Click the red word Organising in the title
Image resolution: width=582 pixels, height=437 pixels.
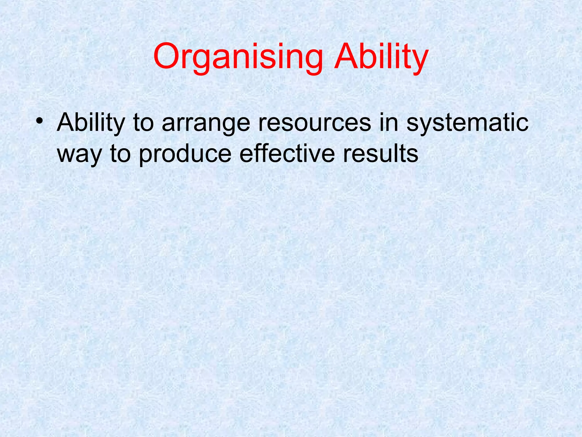click(238, 57)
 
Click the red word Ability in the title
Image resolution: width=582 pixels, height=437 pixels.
click(381, 57)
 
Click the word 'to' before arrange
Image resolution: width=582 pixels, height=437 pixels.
click(144, 123)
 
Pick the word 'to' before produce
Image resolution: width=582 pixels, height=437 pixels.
click(120, 154)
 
